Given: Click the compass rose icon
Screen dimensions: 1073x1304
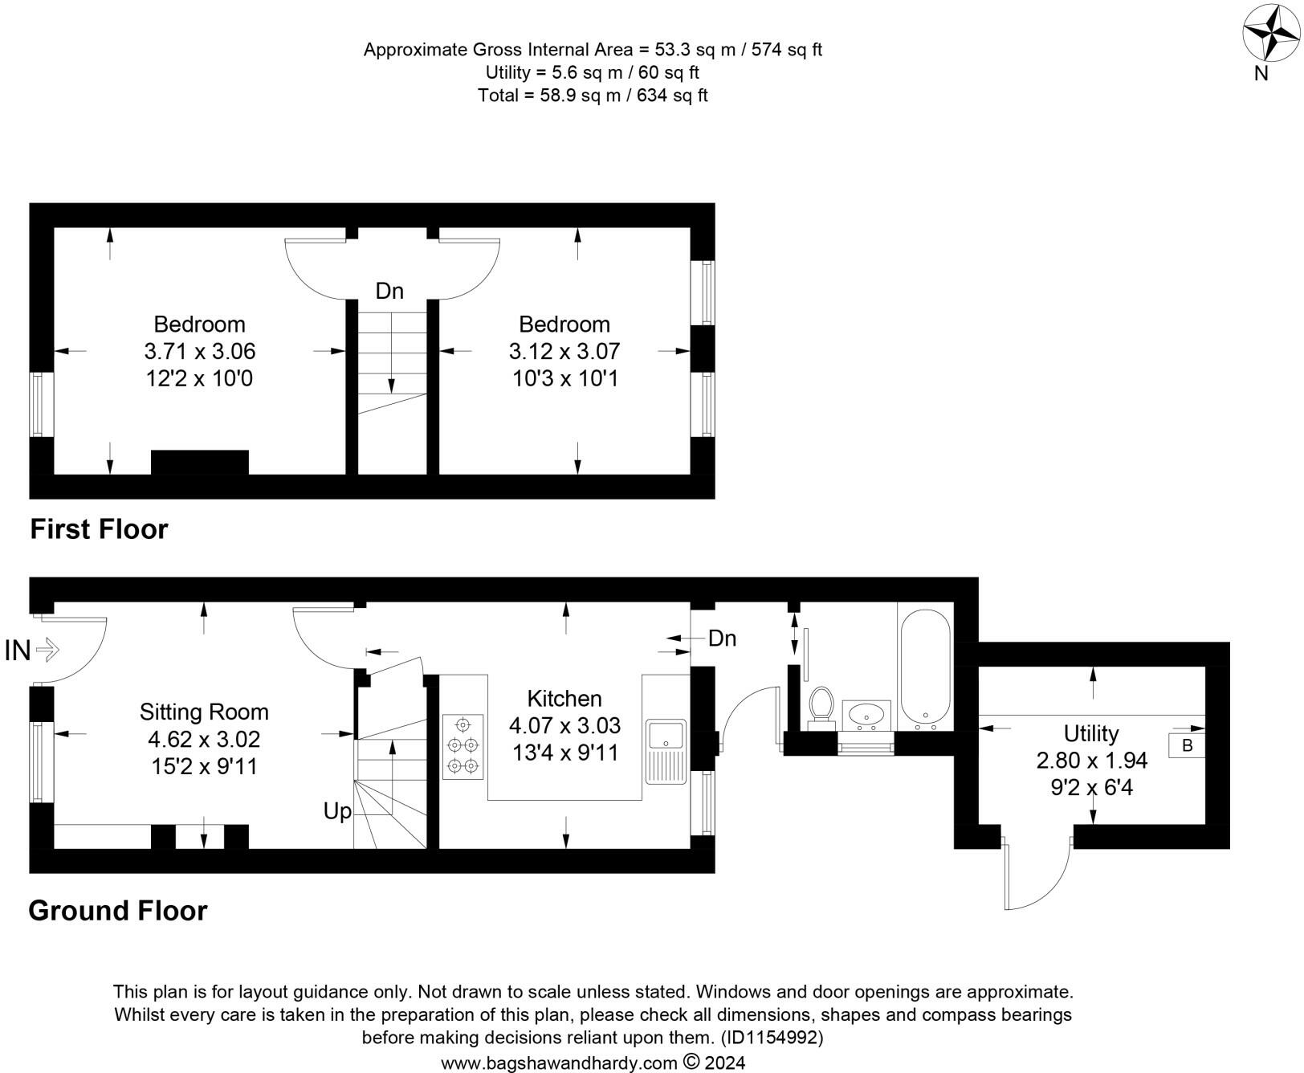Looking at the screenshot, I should tap(1271, 33).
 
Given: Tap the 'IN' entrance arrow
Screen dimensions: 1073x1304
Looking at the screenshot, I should tap(47, 649).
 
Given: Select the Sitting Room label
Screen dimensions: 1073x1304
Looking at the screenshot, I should tap(204, 712).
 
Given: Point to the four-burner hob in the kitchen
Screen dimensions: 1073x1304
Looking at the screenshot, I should tap(463, 747).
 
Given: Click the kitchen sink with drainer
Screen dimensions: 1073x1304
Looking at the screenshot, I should tap(666, 749).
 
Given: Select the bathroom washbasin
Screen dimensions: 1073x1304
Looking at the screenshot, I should tap(866, 714).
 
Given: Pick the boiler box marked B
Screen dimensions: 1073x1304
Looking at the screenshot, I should tap(1187, 745).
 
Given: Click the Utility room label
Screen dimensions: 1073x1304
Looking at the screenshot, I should tap(1091, 733).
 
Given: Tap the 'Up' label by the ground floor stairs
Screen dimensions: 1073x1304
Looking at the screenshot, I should tap(337, 811).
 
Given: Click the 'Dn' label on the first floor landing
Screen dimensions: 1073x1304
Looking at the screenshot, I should tap(389, 291).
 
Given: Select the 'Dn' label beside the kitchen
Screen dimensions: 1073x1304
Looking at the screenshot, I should tap(722, 638).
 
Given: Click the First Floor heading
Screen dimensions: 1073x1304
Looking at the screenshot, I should tap(99, 529).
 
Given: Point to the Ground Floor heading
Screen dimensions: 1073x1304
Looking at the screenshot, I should tap(118, 911).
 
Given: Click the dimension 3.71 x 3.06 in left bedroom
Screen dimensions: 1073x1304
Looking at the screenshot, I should tap(200, 351).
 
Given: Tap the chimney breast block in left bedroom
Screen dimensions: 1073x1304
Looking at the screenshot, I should tap(200, 462).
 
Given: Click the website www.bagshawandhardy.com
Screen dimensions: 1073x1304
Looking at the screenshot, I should tap(559, 1063).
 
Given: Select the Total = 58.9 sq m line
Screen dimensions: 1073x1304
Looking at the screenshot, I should tap(593, 96).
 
